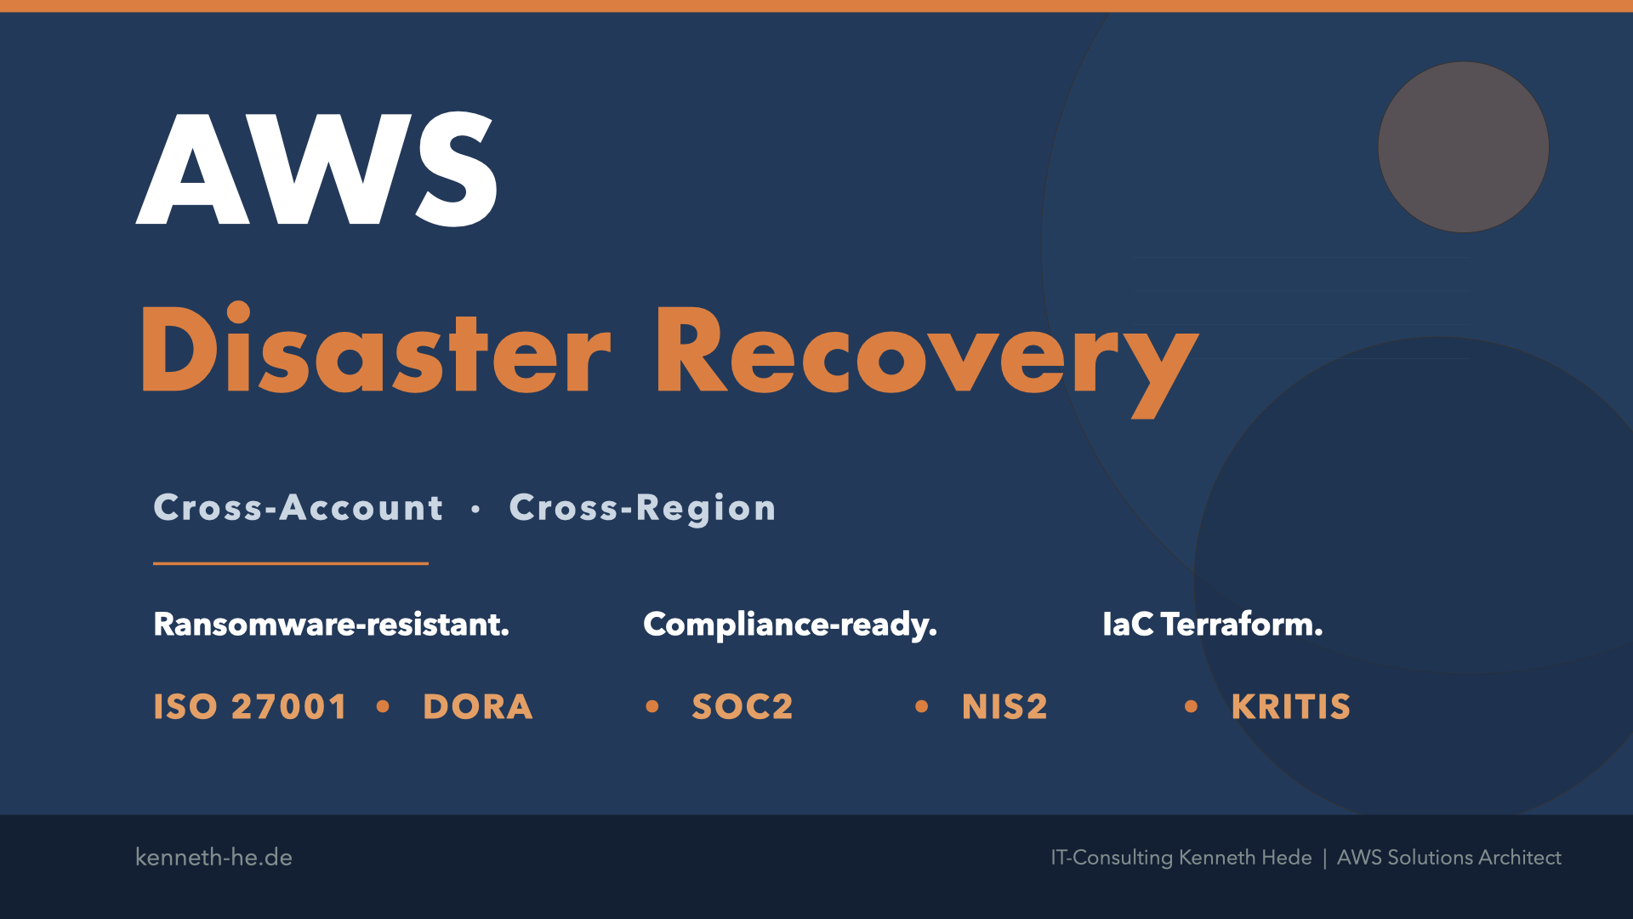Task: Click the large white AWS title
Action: coord(316,168)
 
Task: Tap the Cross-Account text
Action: coord(299,508)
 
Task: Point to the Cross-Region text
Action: coord(643,509)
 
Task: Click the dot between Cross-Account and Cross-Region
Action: coord(475,509)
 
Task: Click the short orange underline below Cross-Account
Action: coord(291,563)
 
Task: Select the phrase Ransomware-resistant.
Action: coord(332,625)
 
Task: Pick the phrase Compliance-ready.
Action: coord(790,625)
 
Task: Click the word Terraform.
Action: coord(1242,625)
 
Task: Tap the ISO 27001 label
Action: coord(250,707)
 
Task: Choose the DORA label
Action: coord(478,707)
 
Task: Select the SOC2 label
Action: coord(743,707)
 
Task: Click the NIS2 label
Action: coord(1004,707)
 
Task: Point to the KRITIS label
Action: coord(1291,707)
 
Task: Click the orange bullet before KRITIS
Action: coord(1191,706)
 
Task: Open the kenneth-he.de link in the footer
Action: coord(213,857)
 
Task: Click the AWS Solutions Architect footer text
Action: coord(1449,857)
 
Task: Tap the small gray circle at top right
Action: coord(1463,147)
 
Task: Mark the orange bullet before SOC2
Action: coord(652,706)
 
